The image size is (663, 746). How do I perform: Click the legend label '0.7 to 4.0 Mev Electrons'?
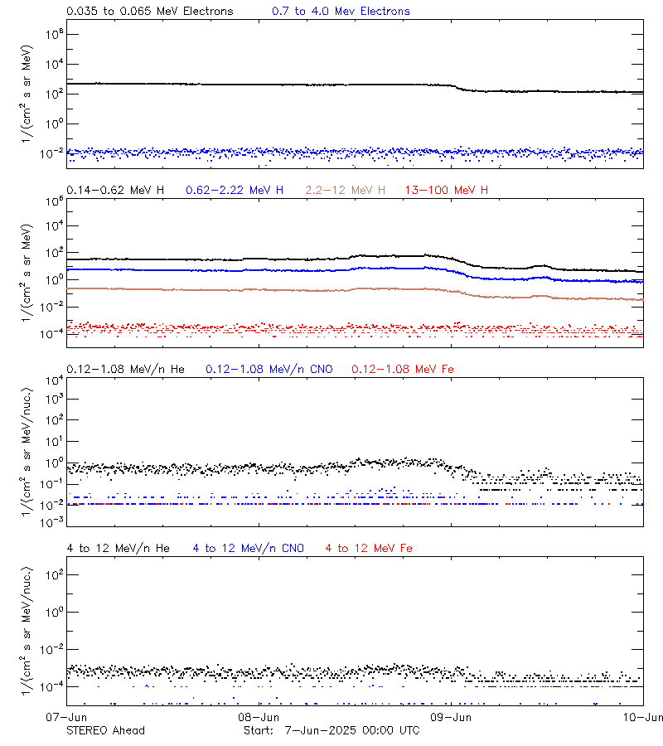[341, 12]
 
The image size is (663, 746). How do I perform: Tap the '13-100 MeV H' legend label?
[447, 191]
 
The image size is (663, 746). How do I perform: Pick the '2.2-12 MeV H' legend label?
[346, 191]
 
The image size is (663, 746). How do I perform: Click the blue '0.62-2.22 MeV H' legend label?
[235, 191]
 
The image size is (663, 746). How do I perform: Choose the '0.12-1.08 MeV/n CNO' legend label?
[269, 369]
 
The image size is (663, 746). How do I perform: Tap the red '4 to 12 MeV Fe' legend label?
[369, 548]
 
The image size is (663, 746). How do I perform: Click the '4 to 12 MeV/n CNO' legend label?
[248, 548]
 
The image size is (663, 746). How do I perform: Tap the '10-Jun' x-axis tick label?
[644, 717]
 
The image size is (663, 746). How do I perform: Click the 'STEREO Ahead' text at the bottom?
[105, 730]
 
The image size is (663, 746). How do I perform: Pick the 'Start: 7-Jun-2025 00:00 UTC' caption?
[331, 730]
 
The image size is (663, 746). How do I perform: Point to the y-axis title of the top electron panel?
[27, 87]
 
